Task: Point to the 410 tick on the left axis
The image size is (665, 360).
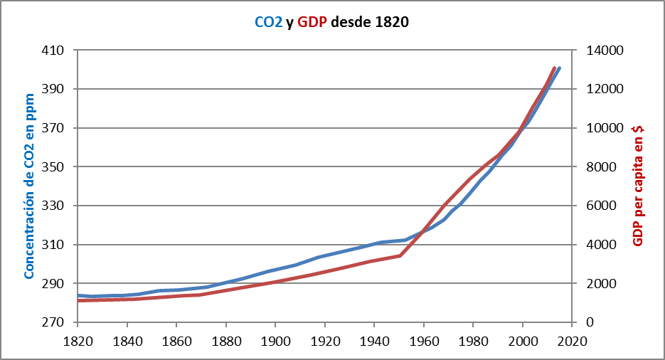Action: (x=55, y=51)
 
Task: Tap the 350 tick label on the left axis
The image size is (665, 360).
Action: (x=55, y=167)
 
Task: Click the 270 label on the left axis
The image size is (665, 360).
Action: (x=55, y=322)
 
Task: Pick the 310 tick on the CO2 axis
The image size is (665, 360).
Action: (x=55, y=245)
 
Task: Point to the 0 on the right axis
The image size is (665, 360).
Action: (x=590, y=322)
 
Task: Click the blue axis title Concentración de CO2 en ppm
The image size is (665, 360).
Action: (x=30, y=186)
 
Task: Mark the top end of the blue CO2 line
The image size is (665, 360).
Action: (x=559, y=68)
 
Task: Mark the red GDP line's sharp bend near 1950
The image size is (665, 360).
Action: (x=400, y=255)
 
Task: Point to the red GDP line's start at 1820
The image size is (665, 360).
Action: (x=79, y=300)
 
